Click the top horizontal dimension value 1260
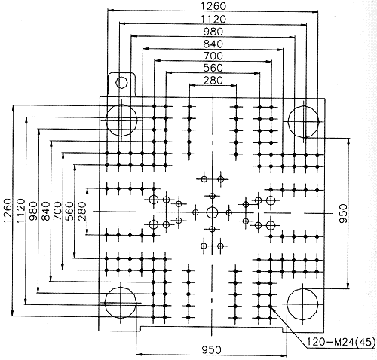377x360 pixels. tap(213, 6)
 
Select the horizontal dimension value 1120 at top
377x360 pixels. tap(213, 19)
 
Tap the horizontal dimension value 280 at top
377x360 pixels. tap(213, 81)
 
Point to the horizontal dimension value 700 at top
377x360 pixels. tap(213, 56)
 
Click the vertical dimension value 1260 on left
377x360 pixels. tap(8, 210)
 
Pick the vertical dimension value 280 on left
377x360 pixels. tap(82, 211)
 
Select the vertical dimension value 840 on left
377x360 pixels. tap(45, 211)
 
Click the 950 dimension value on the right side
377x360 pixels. tap(343, 213)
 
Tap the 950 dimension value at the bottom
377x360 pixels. tap(211, 349)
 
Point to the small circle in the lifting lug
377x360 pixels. tap(121, 82)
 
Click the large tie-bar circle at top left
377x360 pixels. tap(121, 120)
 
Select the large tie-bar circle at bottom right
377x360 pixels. tap(302, 304)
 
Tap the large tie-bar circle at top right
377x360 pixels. tap(304, 121)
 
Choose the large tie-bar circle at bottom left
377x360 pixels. tap(121, 303)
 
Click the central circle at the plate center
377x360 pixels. tap(213, 212)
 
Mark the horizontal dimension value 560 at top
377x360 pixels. tap(213, 68)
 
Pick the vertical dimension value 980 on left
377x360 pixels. tap(33, 211)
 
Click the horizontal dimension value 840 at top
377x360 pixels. tap(213, 44)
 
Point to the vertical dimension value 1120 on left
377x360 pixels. tap(21, 210)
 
